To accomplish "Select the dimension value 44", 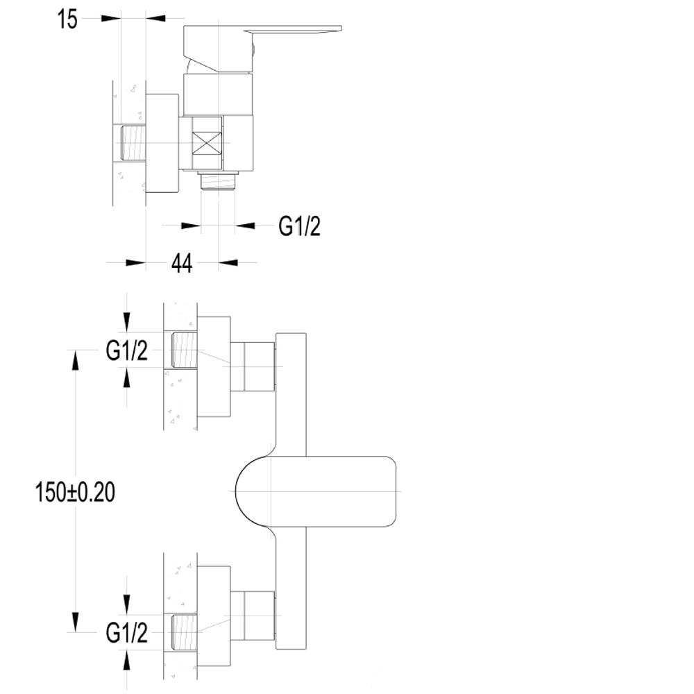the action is (182, 263).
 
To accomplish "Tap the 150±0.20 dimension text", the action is (75, 492).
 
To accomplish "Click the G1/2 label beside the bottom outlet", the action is (299, 226).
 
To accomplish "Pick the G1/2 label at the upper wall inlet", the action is (126, 351).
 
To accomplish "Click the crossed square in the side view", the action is (207, 142).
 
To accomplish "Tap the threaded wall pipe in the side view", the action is (134, 142).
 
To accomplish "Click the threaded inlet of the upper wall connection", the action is (184, 350).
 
